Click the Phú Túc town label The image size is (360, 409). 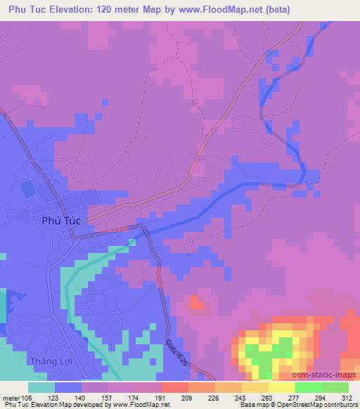(x=58, y=220)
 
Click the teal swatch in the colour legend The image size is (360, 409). (x=41, y=387)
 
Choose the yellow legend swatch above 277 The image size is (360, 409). (x=281, y=387)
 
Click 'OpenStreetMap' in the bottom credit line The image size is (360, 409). (x=302, y=405)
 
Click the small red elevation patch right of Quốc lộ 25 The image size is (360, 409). (x=198, y=303)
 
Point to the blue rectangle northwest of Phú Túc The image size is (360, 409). (x=27, y=188)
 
